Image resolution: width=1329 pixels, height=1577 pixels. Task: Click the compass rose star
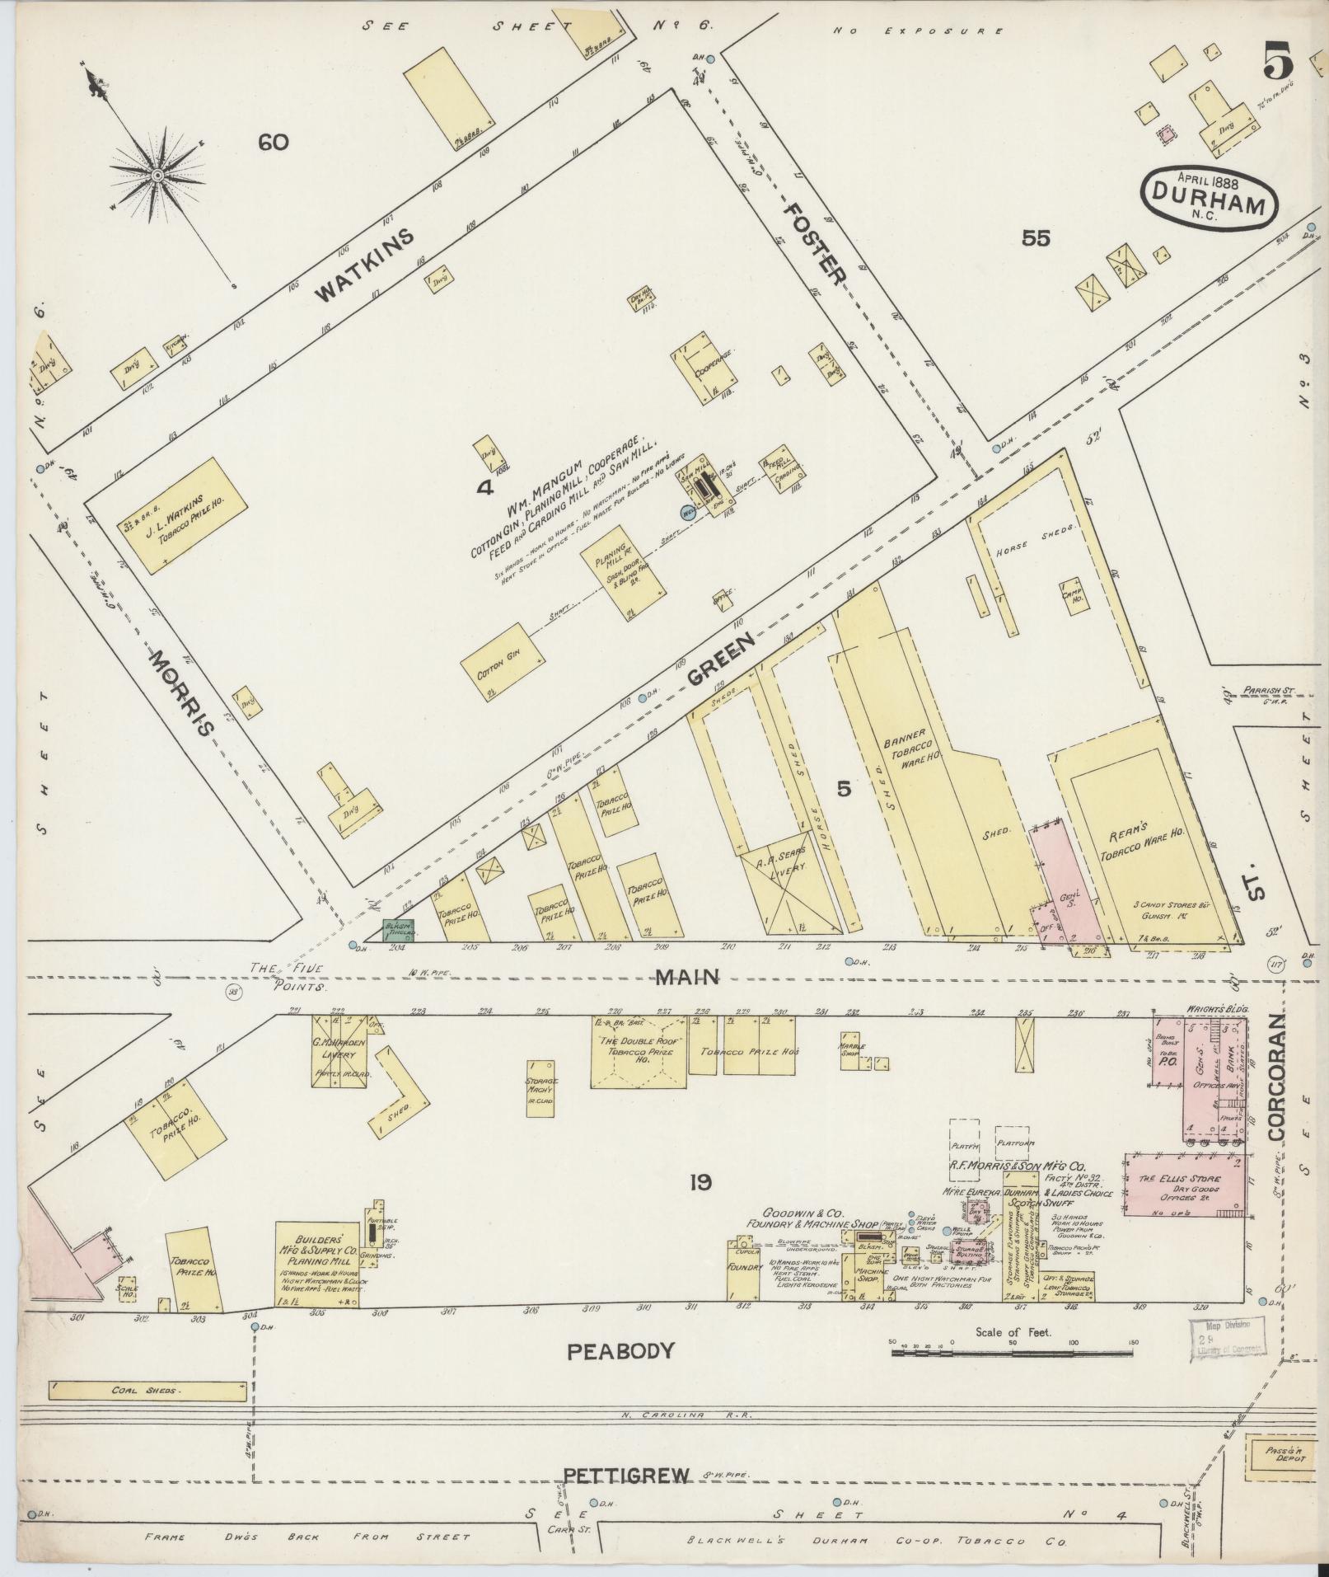(x=155, y=176)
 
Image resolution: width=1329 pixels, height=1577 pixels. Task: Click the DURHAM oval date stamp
(x=1209, y=197)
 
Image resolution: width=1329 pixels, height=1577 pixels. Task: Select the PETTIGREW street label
(x=625, y=1476)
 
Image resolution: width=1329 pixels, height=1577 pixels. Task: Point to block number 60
(x=273, y=143)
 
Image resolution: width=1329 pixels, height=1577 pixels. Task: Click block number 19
(x=700, y=1183)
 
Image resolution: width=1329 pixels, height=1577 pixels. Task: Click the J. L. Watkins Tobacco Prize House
(x=188, y=516)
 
